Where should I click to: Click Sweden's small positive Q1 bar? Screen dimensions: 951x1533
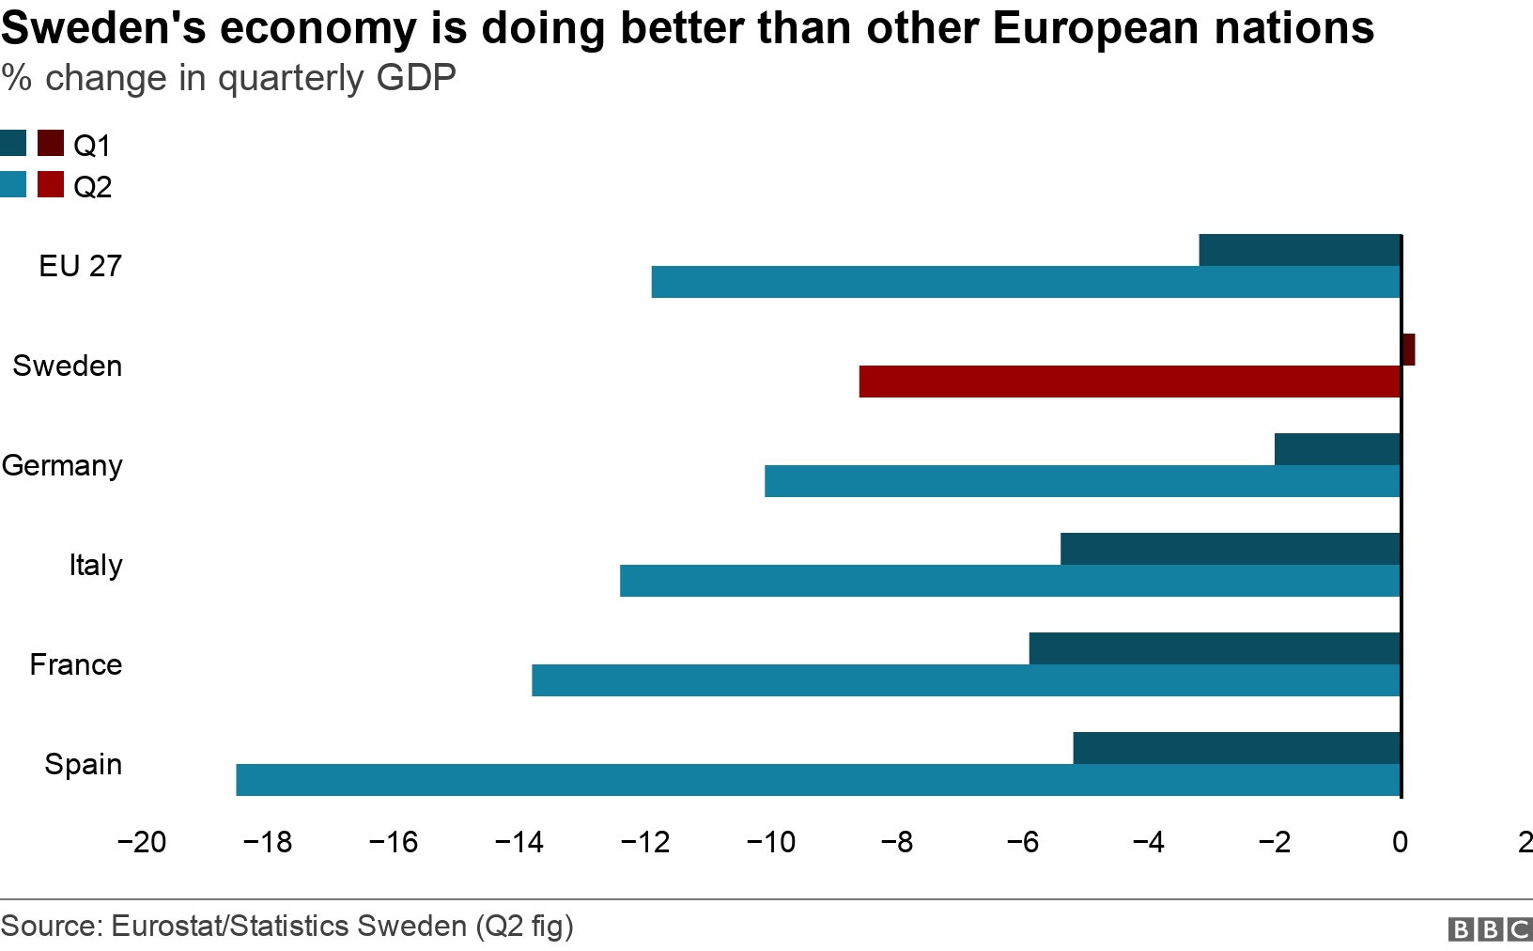coord(1408,350)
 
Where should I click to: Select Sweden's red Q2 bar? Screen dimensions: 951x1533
coord(1129,382)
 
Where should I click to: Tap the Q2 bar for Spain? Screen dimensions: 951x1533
coord(817,780)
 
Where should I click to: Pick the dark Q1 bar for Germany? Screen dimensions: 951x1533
coord(1338,449)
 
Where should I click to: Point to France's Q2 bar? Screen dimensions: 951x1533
coord(966,680)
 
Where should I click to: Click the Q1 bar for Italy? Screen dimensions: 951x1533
coord(1231,549)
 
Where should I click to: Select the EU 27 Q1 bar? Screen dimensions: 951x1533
coord(1300,250)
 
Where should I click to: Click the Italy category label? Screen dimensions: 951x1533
coord(96,565)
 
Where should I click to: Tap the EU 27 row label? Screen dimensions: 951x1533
coord(81,266)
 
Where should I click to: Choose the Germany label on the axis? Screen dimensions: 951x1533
coord(62,465)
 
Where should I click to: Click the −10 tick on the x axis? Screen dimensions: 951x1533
coord(770,842)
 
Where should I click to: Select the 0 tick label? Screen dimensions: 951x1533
coord(1400,842)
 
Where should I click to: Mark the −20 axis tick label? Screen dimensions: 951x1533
coord(141,842)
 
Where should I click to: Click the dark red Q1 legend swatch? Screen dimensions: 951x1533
coord(51,144)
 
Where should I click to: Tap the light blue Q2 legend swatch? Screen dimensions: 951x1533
coord(13,185)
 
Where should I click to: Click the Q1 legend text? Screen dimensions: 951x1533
coord(92,146)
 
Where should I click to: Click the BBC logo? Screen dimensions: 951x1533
coord(1490,929)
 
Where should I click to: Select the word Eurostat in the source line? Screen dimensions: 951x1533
coord(167,927)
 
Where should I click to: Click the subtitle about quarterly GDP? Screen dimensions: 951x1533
coord(229,78)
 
